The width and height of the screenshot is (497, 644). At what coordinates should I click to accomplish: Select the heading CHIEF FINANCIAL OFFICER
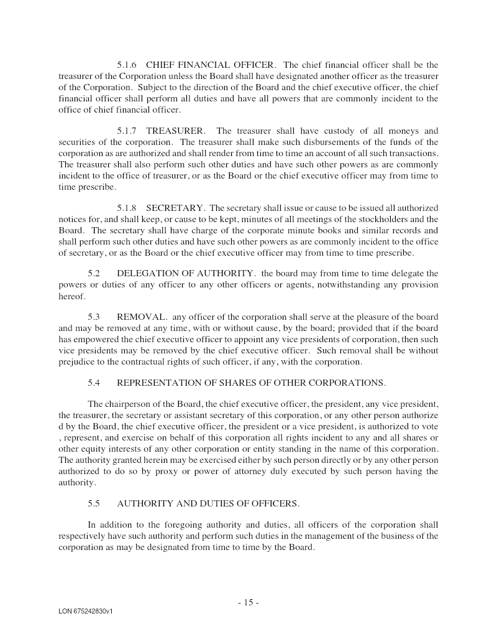[x=210, y=65]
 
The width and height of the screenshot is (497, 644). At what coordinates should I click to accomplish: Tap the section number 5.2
[x=94, y=273]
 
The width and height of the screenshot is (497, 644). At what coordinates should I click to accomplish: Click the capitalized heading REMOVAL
[x=141, y=317]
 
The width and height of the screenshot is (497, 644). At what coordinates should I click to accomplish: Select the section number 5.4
[x=94, y=383]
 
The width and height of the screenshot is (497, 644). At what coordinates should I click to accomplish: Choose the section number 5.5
[x=94, y=503]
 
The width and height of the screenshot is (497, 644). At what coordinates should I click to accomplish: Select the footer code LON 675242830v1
[x=86, y=612]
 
